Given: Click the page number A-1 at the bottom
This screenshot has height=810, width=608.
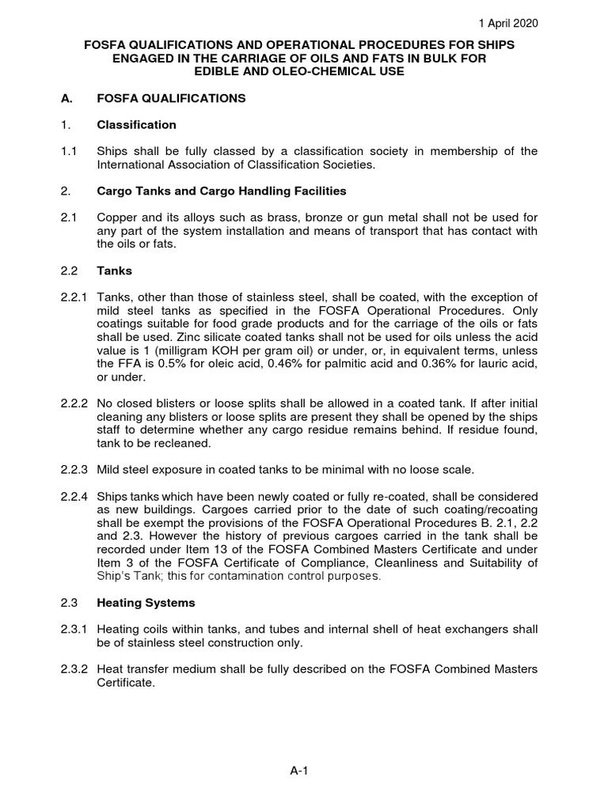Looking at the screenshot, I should pos(298,773).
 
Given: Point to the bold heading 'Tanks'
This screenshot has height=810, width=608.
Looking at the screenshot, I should pos(113,271).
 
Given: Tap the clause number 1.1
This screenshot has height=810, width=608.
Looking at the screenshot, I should pos(69,151).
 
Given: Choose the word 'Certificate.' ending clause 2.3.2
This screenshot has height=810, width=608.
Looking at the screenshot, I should pos(124,683).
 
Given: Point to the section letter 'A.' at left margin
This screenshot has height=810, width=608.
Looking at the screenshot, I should pos(66,98).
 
